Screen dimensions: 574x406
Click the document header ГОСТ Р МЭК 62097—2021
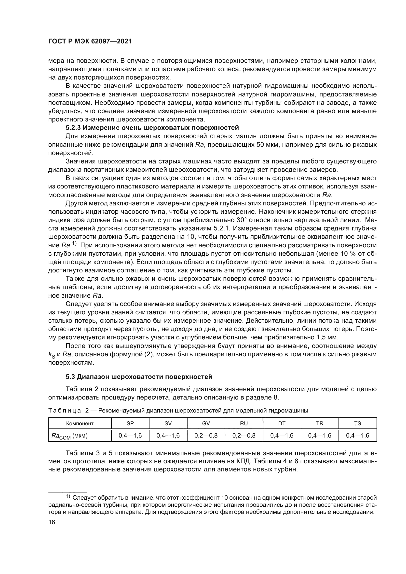(90, 41)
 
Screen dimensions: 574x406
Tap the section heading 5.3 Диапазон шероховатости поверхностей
(139, 376)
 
